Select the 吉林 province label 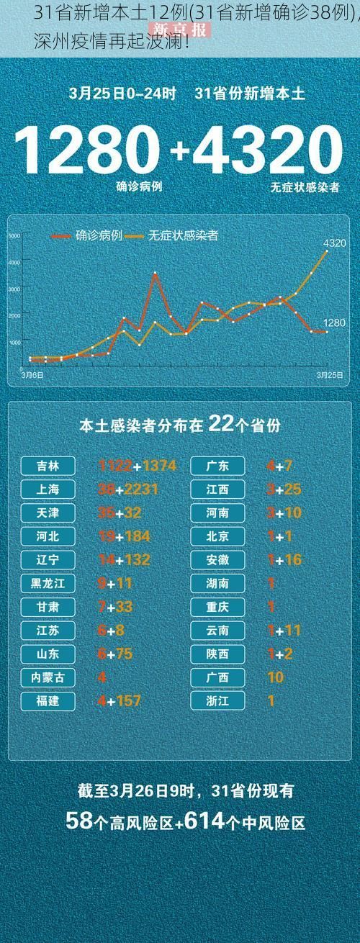[49, 466]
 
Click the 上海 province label [49, 489]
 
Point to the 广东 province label [218, 466]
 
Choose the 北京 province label [218, 536]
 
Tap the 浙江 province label [218, 700]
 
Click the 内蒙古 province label [49, 677]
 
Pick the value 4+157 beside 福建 [119, 700]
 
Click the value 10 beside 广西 [275, 677]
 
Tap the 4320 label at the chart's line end [335, 243]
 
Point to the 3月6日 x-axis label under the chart [32, 375]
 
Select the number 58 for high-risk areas [78, 821]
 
